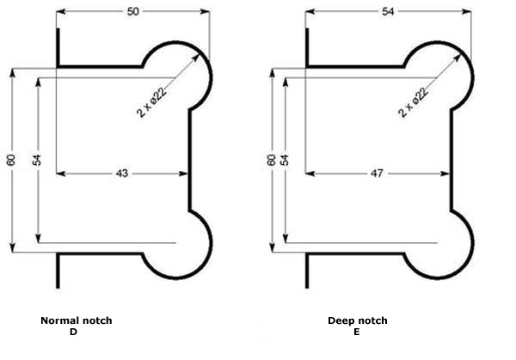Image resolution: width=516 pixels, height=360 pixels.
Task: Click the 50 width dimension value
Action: pyautogui.click(x=132, y=11)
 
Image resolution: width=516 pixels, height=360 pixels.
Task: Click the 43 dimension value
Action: pyautogui.click(x=121, y=174)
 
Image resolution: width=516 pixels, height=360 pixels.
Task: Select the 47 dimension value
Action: pyautogui.click(x=377, y=174)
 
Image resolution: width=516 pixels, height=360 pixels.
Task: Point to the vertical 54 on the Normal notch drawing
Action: pyautogui.click(x=37, y=160)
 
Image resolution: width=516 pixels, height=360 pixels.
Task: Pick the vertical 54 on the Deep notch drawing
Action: pyautogui.click(x=285, y=160)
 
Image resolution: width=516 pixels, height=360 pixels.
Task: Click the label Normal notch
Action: pyautogui.click(x=77, y=320)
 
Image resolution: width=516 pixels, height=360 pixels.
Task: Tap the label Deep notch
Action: pyautogui.click(x=358, y=320)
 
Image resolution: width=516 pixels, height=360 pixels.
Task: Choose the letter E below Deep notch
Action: pyautogui.click(x=356, y=331)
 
